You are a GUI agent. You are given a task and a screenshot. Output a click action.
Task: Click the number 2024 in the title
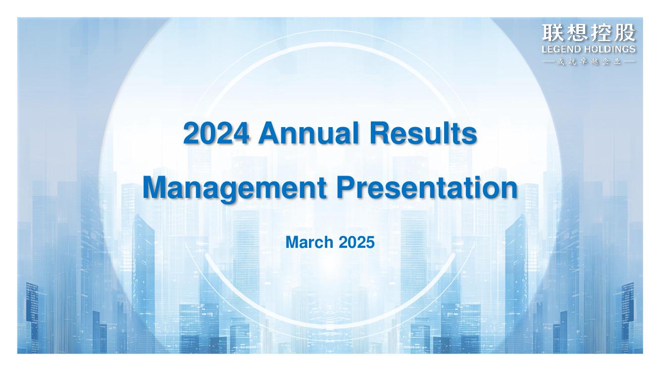216,134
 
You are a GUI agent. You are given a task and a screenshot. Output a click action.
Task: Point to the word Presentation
427,188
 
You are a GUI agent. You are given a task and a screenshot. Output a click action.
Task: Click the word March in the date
309,242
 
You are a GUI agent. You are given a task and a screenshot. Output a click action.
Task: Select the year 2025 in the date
356,242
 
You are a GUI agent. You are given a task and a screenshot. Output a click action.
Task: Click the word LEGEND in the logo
561,49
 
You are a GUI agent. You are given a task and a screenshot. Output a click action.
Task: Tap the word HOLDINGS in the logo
609,49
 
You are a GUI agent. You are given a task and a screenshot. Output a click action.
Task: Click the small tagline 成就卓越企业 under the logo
589,62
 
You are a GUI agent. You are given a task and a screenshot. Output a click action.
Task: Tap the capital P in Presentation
346,187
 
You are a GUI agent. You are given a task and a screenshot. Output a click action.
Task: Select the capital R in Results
380,133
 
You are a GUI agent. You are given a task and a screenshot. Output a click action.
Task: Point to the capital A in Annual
270,133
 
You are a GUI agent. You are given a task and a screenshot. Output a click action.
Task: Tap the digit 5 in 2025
370,242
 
